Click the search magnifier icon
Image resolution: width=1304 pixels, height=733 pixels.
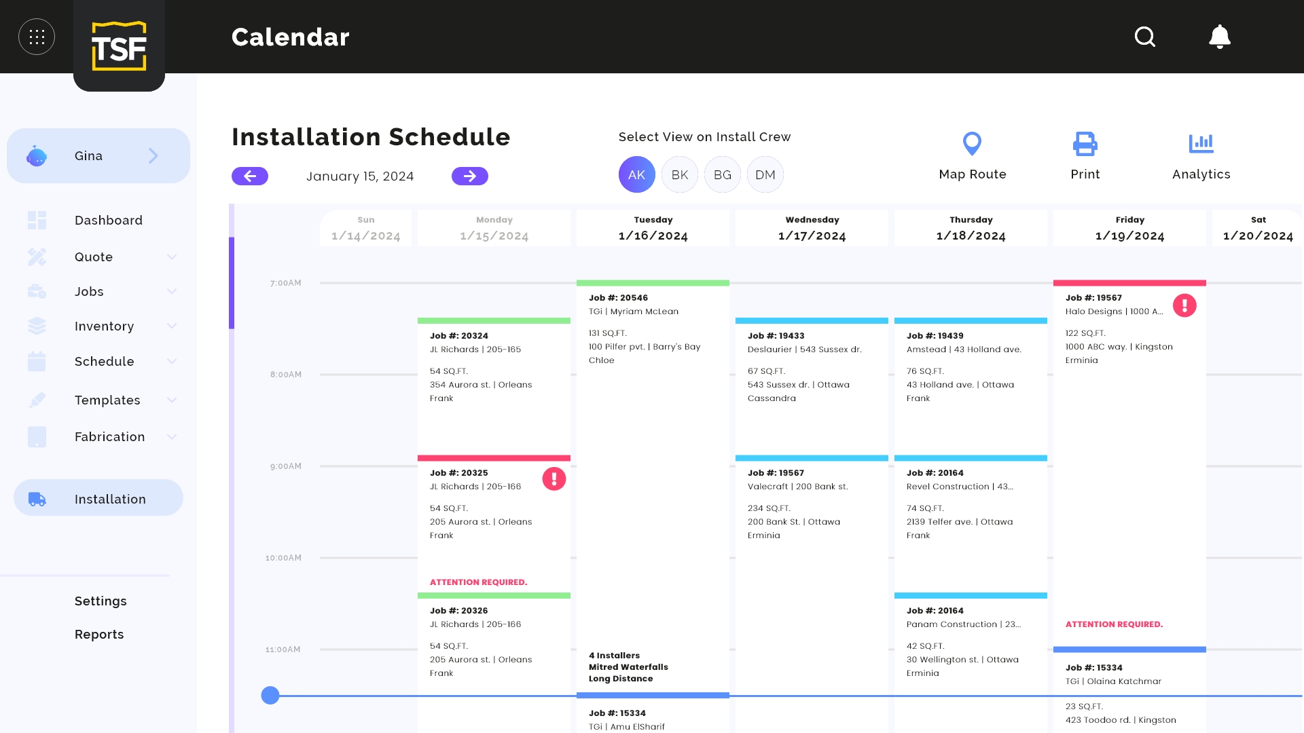point(1145,37)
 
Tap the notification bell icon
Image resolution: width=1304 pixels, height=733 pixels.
point(1220,37)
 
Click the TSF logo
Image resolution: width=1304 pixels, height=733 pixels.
point(119,45)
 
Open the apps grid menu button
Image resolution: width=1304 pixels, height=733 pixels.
point(37,37)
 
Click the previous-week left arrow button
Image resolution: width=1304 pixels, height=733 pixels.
point(250,176)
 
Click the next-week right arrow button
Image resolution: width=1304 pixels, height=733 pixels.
point(470,176)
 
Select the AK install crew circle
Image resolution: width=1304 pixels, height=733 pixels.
point(637,174)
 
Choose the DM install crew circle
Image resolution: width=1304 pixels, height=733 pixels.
point(765,174)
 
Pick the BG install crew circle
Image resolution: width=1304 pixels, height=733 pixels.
point(723,174)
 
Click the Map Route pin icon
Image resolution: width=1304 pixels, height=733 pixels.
point(973,143)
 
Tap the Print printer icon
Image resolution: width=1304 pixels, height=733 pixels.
point(1085,143)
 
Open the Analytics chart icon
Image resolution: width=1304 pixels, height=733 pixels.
point(1201,143)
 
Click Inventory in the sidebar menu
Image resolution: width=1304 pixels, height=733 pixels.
point(104,326)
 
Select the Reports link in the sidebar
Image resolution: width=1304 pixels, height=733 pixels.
point(99,635)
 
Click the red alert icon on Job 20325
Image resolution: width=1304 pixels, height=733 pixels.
point(554,479)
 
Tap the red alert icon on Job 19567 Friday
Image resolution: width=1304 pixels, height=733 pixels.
point(1184,305)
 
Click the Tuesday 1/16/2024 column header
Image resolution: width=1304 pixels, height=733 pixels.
point(653,228)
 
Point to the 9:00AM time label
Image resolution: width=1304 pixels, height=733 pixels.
point(286,466)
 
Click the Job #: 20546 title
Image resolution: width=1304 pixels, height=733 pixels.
point(619,298)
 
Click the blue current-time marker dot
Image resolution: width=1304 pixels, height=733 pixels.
point(270,696)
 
